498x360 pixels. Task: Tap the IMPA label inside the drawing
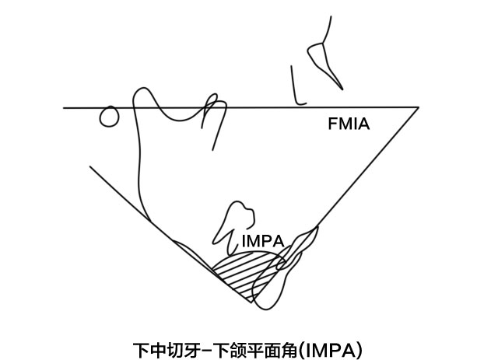click(261, 242)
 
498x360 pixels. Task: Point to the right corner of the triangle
click(418, 107)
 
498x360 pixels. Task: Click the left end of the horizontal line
click(65, 107)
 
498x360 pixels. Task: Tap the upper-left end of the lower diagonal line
click(90, 166)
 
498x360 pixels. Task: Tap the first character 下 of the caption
click(141, 348)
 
